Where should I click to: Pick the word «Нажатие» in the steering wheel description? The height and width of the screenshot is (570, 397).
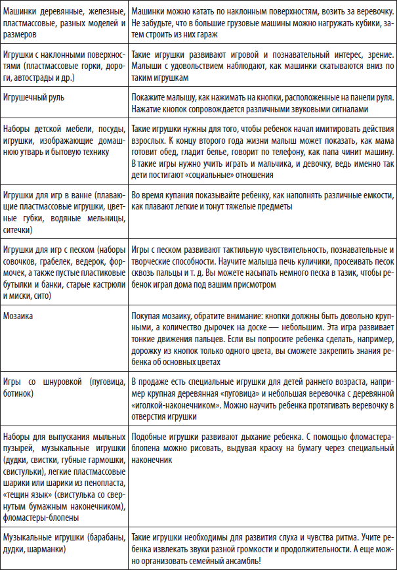(148, 109)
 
